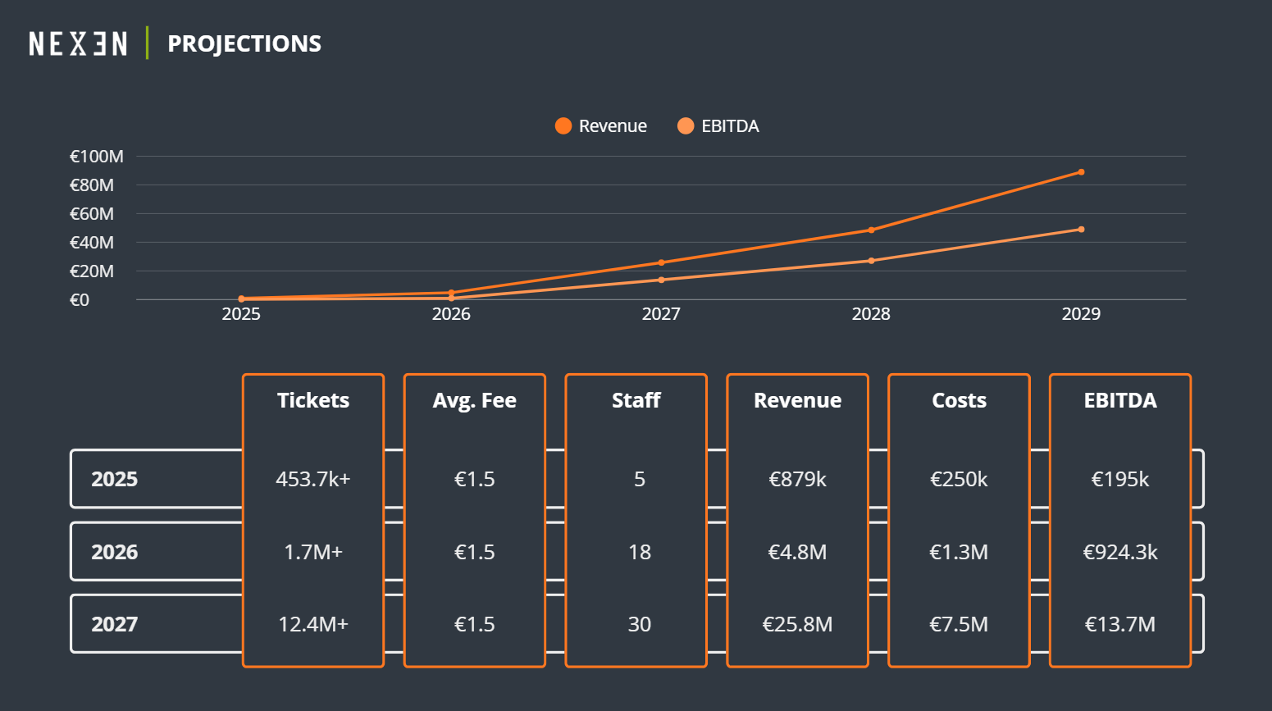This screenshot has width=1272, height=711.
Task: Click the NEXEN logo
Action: pos(78,43)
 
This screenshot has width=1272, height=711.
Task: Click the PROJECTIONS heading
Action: pos(244,43)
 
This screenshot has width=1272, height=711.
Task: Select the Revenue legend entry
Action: pos(601,126)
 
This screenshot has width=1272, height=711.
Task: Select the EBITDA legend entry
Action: pos(718,126)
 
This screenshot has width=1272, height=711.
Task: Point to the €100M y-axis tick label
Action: pos(97,157)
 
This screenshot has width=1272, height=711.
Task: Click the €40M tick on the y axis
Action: pos(92,243)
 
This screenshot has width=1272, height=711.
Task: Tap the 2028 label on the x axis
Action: pos(871,314)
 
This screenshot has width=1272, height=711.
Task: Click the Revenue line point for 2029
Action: pos(1081,172)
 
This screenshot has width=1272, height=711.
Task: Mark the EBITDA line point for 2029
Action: pos(1081,230)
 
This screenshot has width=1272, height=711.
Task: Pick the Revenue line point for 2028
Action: pos(871,230)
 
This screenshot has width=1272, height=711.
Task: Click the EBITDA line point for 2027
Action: pos(661,280)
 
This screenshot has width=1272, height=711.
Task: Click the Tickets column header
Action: pos(313,400)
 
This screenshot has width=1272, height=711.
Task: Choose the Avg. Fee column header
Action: pos(475,400)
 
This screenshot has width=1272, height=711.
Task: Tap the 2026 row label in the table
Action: pos(115,552)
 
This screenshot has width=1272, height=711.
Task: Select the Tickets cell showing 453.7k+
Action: pos(313,479)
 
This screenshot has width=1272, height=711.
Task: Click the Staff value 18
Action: pos(640,552)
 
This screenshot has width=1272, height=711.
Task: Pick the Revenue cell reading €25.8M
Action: pos(797,624)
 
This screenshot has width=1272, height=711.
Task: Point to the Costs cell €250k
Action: pos(959,479)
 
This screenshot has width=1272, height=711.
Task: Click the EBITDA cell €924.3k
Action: pos(1120,552)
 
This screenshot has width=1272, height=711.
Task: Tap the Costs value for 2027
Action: pos(959,624)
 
